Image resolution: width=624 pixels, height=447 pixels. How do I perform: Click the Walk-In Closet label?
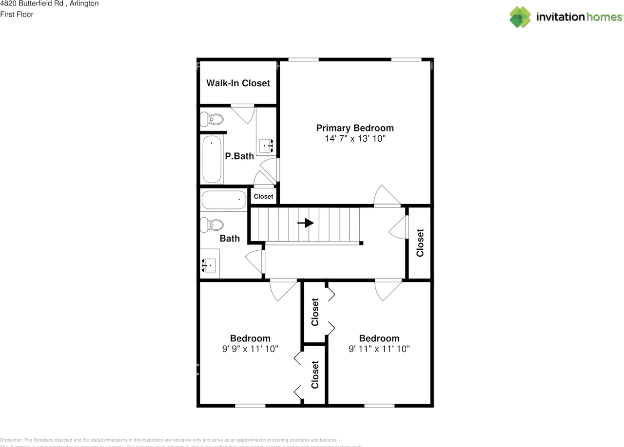[x=238, y=83]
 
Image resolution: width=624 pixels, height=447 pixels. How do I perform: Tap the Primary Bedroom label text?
[x=355, y=128]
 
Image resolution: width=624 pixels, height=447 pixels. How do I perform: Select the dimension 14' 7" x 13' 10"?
[x=355, y=139]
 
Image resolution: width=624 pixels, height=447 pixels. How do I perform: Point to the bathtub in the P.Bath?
[x=212, y=159]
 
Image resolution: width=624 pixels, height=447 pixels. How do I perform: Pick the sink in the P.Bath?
[x=267, y=145]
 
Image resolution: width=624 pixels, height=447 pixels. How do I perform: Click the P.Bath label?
[x=239, y=156]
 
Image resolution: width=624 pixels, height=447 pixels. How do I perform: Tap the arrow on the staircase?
[x=306, y=223]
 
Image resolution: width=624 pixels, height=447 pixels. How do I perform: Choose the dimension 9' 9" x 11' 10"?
[x=250, y=349]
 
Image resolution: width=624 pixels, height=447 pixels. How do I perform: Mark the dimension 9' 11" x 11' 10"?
[x=379, y=349]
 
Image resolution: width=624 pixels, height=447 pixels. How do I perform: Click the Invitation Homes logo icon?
[x=520, y=17]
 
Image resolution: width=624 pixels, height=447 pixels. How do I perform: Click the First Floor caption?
[x=17, y=15]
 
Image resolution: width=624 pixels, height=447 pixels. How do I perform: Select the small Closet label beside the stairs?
[x=263, y=197]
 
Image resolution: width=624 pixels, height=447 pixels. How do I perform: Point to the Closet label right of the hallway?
[x=420, y=242]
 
